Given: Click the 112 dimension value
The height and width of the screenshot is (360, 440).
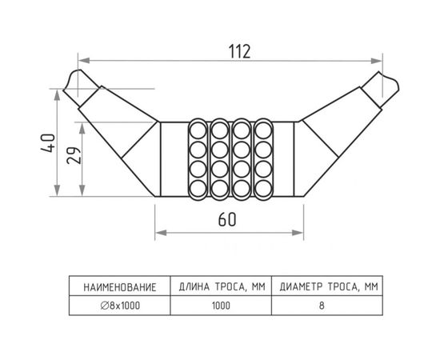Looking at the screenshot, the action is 239,51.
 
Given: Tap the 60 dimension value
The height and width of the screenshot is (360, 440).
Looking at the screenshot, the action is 227,219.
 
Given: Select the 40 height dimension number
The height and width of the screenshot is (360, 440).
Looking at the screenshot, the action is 48,143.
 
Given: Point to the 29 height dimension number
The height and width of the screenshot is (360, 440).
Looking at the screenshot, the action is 74,155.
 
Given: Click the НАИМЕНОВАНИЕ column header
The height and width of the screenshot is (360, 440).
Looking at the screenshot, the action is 120,287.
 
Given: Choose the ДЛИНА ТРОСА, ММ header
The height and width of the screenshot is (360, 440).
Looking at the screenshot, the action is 222,286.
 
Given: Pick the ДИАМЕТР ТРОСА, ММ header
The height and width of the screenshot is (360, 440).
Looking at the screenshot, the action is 329,286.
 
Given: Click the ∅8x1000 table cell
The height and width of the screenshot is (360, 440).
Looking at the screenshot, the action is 120,306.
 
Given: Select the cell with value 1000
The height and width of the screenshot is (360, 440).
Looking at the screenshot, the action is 221,306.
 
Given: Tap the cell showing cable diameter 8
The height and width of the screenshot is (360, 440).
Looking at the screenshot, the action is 322,306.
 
